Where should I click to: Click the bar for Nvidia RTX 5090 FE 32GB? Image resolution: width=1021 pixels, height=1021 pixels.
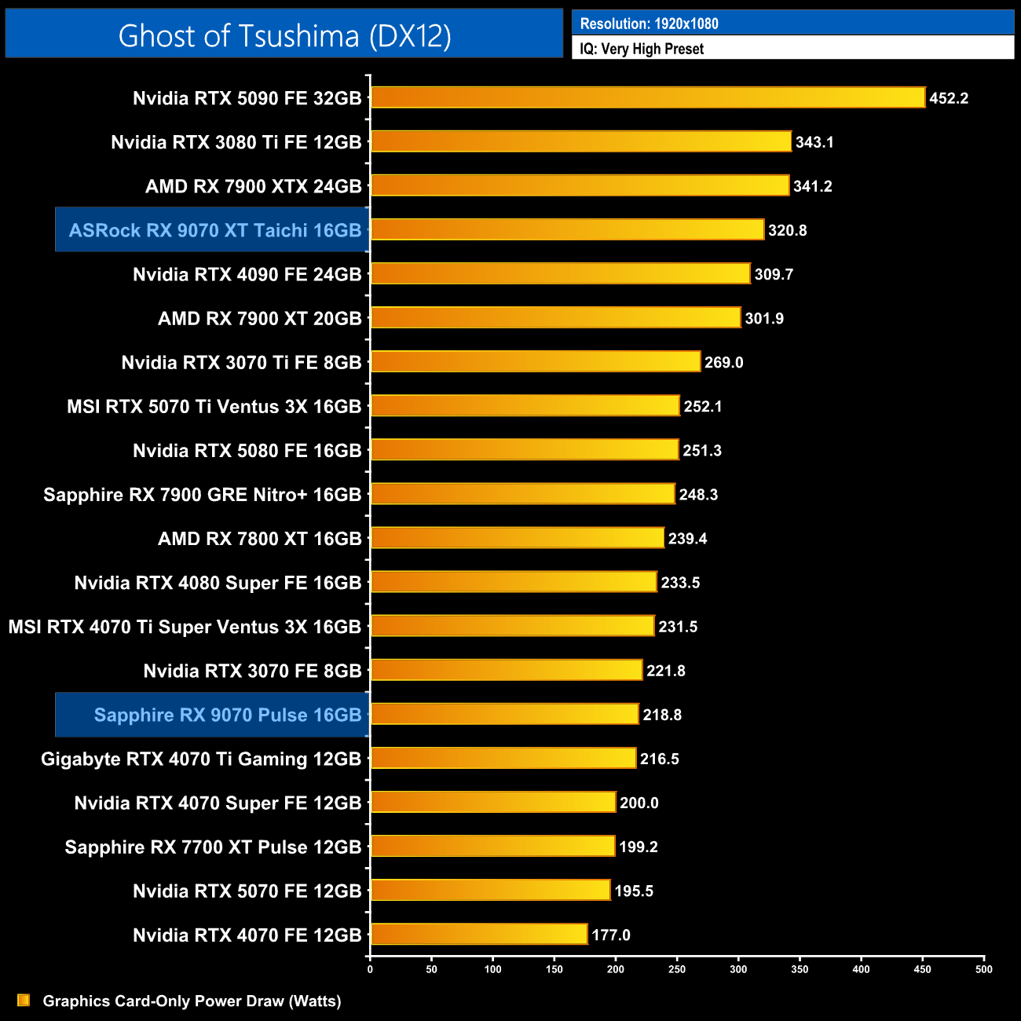point(648,97)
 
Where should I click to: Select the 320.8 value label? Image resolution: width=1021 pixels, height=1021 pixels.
point(787,230)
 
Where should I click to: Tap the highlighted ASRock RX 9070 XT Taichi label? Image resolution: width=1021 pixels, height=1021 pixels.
point(214,230)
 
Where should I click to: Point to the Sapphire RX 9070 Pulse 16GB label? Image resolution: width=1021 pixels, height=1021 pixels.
point(227,715)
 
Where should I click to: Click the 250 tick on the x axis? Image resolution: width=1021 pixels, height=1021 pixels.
point(677,969)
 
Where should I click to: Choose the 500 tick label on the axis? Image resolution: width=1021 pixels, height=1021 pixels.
point(983,969)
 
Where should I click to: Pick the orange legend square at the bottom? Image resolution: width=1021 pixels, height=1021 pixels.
point(24,1000)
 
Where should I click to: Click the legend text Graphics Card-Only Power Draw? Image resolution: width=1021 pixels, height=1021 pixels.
point(192,1001)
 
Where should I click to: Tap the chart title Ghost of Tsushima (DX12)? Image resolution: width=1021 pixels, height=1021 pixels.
point(284,35)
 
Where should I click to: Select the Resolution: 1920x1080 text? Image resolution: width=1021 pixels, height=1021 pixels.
point(649,24)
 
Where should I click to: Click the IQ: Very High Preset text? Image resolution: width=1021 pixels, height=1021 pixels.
point(642,49)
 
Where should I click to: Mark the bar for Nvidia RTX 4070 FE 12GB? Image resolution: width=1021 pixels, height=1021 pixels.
point(479,934)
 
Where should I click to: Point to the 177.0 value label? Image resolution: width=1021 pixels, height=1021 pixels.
point(611,935)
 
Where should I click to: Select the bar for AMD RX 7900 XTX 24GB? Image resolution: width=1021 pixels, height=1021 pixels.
point(580,185)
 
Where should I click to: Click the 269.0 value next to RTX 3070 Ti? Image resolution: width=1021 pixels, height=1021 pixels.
point(723,362)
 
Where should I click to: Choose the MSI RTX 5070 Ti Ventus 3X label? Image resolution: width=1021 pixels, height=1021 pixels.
point(214,407)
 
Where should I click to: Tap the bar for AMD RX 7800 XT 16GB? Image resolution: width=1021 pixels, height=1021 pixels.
point(518,538)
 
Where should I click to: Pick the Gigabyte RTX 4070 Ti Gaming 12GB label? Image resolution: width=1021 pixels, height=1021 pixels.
point(201,759)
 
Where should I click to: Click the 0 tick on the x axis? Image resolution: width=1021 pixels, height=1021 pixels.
point(370,969)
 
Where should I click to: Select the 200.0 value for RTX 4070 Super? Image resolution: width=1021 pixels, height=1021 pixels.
point(639,803)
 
